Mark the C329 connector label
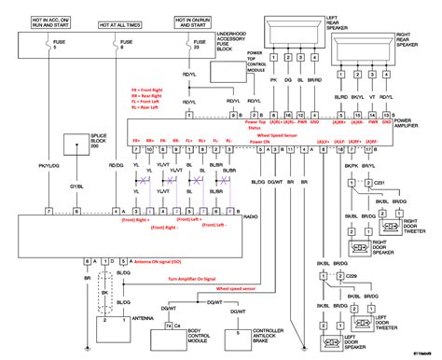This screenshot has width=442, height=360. pos(352,277)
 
